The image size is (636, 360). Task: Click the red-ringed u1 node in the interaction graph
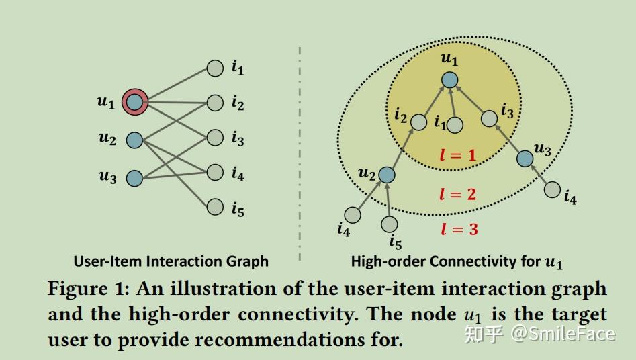[134, 102]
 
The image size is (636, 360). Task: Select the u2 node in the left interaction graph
[134, 140]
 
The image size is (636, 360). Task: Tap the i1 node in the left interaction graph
[214, 68]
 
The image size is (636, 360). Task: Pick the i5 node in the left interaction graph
[214, 207]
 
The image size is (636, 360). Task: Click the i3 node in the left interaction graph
[214, 138]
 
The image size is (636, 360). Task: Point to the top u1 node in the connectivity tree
[449, 79]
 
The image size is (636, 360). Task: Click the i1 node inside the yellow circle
[455, 125]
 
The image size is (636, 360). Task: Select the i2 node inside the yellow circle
[418, 122]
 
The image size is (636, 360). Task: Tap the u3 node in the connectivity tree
[525, 158]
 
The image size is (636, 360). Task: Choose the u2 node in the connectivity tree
[386, 175]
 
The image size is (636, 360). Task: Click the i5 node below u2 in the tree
[389, 224]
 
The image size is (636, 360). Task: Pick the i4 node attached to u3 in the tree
[552, 190]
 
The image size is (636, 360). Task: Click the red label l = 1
[457, 156]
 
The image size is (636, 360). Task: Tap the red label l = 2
[457, 195]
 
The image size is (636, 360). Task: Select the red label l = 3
[459, 229]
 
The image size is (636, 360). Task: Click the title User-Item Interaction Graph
[171, 261]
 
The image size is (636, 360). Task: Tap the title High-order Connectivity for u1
[457, 261]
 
